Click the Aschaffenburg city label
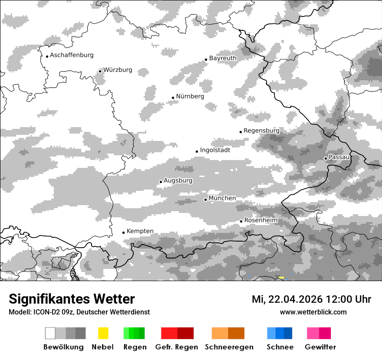click(72, 55)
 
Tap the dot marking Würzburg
click(100, 71)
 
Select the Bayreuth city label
click(223, 58)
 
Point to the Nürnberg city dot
click(173, 98)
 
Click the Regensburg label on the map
click(261, 131)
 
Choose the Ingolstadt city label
click(215, 150)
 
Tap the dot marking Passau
click(326, 158)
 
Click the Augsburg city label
click(178, 180)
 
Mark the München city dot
click(205, 200)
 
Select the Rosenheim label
click(260, 220)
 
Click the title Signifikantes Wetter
click(72, 299)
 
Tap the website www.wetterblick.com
click(313, 312)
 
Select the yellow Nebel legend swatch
click(103, 333)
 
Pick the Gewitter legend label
click(320, 347)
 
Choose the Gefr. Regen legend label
click(177, 347)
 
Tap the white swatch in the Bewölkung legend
click(50, 333)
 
